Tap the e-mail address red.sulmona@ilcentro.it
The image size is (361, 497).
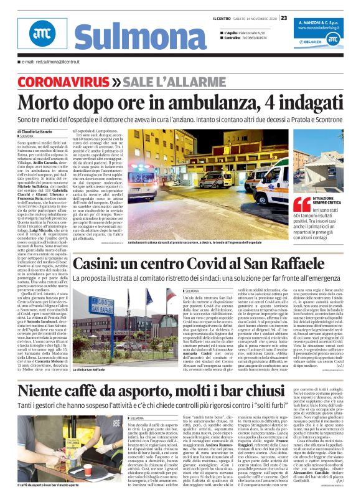(47, 62)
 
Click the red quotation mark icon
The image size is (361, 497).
(302, 204)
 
